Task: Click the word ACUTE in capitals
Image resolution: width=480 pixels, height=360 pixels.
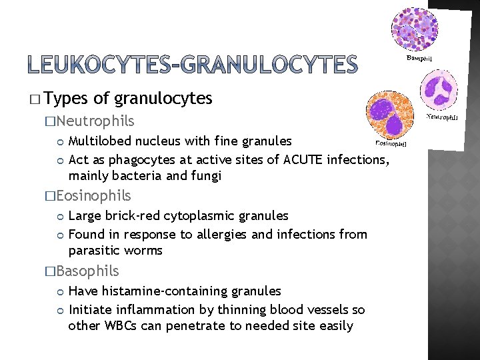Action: pos(302,159)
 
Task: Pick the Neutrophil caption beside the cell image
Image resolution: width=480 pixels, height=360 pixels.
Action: pos(442,117)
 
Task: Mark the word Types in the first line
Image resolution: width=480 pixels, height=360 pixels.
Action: pos(67,99)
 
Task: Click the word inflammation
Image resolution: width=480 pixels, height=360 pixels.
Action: pos(144,309)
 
